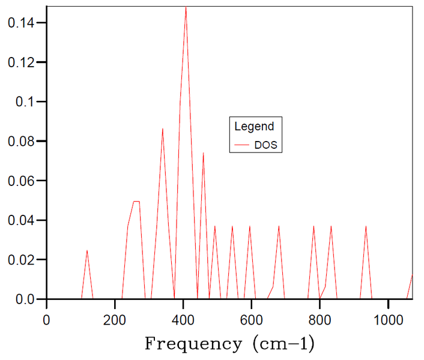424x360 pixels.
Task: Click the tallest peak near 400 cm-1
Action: (186, 8)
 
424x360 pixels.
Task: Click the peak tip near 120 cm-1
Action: (87, 250)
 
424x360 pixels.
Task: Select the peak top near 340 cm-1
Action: (162, 128)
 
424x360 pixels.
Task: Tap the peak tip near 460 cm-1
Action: (203, 153)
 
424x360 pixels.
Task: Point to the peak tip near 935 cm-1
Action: (366, 226)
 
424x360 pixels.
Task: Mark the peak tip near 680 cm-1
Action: (279, 226)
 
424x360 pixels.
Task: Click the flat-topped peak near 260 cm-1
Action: (136, 202)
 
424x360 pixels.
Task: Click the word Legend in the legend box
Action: (253, 127)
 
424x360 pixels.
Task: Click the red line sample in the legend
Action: (242, 145)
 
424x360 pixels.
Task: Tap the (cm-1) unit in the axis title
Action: (279, 344)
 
